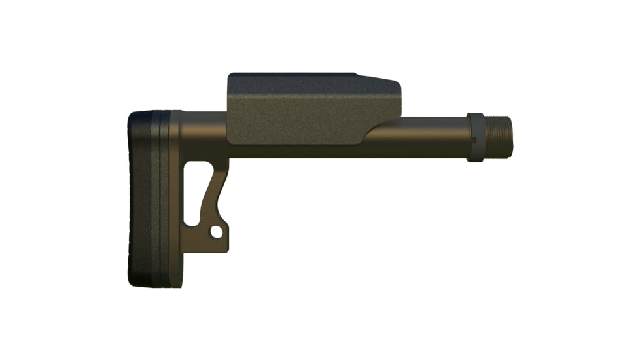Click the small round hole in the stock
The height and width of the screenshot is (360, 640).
pos(215,232)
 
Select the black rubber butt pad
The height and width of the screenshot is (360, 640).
pos(139,196)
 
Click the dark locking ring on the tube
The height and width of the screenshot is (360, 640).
pos(475,137)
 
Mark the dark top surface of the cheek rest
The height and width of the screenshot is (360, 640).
pos(294,77)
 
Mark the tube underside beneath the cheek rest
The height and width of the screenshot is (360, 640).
pos(294,152)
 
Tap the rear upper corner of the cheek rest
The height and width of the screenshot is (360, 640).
pos(230,76)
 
